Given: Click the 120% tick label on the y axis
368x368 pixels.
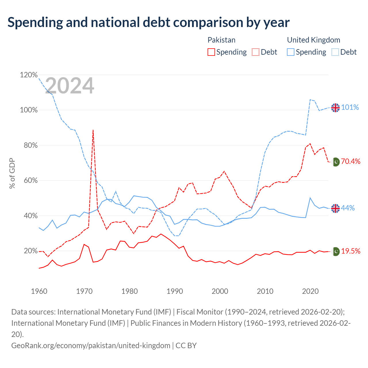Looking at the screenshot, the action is pos(29,75).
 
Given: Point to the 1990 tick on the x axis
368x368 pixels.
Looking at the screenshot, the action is pos(175,292).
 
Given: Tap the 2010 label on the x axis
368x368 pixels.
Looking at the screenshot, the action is pos(265,292).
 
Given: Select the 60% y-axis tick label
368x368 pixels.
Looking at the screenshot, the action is pos(30,180).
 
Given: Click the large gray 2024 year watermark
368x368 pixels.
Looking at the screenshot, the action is pos(70,85).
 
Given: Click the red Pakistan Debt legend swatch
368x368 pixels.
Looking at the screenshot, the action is pos(255,52).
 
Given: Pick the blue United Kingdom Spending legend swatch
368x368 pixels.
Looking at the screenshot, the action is pos(290,52).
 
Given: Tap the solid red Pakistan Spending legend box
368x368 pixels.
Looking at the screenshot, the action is pos(211,52).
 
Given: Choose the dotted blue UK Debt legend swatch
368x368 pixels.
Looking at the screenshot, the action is pos(335,52).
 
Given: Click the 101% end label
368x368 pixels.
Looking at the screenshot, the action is pos(350,107).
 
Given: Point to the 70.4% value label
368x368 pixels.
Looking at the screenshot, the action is pos(351,161).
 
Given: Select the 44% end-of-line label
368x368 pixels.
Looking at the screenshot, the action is pos(348,208).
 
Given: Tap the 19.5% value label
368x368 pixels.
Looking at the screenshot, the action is pos(351,251).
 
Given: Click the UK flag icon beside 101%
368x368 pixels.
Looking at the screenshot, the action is pos(335,108).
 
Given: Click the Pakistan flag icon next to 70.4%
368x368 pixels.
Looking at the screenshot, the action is pos(336,162).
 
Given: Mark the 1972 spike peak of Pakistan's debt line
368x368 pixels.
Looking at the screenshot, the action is pos(93,130).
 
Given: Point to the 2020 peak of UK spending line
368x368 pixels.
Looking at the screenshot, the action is pos(310,198).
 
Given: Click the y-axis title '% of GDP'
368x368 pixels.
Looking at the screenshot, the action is pos(12,173).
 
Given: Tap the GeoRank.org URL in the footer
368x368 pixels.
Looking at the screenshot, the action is pos(91,346).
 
